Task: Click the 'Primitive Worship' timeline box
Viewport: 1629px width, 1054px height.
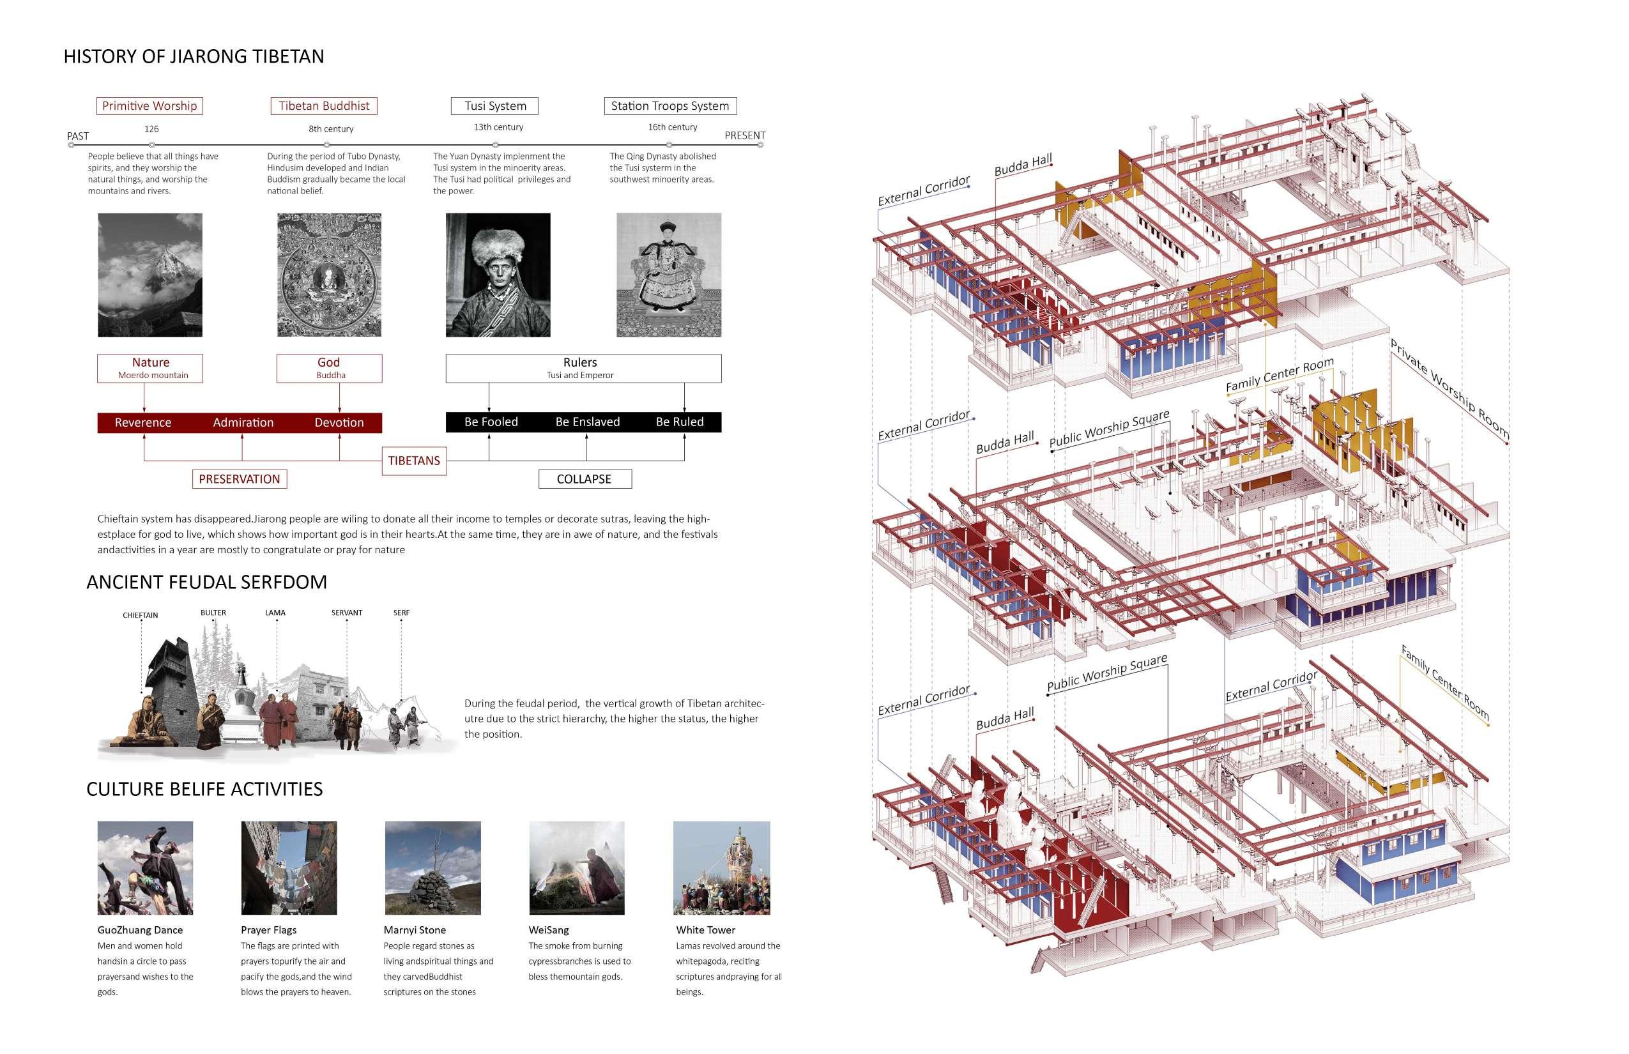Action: pos(149,106)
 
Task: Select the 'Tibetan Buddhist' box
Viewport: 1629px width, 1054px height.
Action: pos(324,106)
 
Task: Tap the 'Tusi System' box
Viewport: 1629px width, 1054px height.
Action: pos(495,106)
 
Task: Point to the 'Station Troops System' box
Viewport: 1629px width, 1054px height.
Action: pos(670,106)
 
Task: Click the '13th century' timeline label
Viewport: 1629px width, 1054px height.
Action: pos(498,127)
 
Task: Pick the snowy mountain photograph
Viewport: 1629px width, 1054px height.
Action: pos(150,275)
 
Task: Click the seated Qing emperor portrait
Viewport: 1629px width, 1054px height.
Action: pos(669,275)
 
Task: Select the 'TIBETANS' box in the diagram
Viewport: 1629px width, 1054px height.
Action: pos(414,461)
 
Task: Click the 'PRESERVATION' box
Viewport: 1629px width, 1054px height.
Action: pos(240,479)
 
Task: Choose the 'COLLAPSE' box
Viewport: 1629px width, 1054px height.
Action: pos(585,479)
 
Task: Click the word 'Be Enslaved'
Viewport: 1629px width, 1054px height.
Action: pos(587,422)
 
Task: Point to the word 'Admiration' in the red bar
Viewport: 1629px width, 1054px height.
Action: pos(243,423)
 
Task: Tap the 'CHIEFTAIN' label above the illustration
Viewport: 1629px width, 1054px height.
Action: pos(141,615)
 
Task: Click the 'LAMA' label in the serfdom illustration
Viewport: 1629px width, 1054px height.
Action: pos(275,613)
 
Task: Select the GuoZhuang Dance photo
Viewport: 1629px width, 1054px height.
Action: pos(145,868)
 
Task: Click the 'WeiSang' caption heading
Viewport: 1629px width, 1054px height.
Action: pos(548,930)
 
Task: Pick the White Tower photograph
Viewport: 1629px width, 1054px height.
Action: pos(721,868)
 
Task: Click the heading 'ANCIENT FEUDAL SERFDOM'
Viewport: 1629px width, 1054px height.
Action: pos(207,583)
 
